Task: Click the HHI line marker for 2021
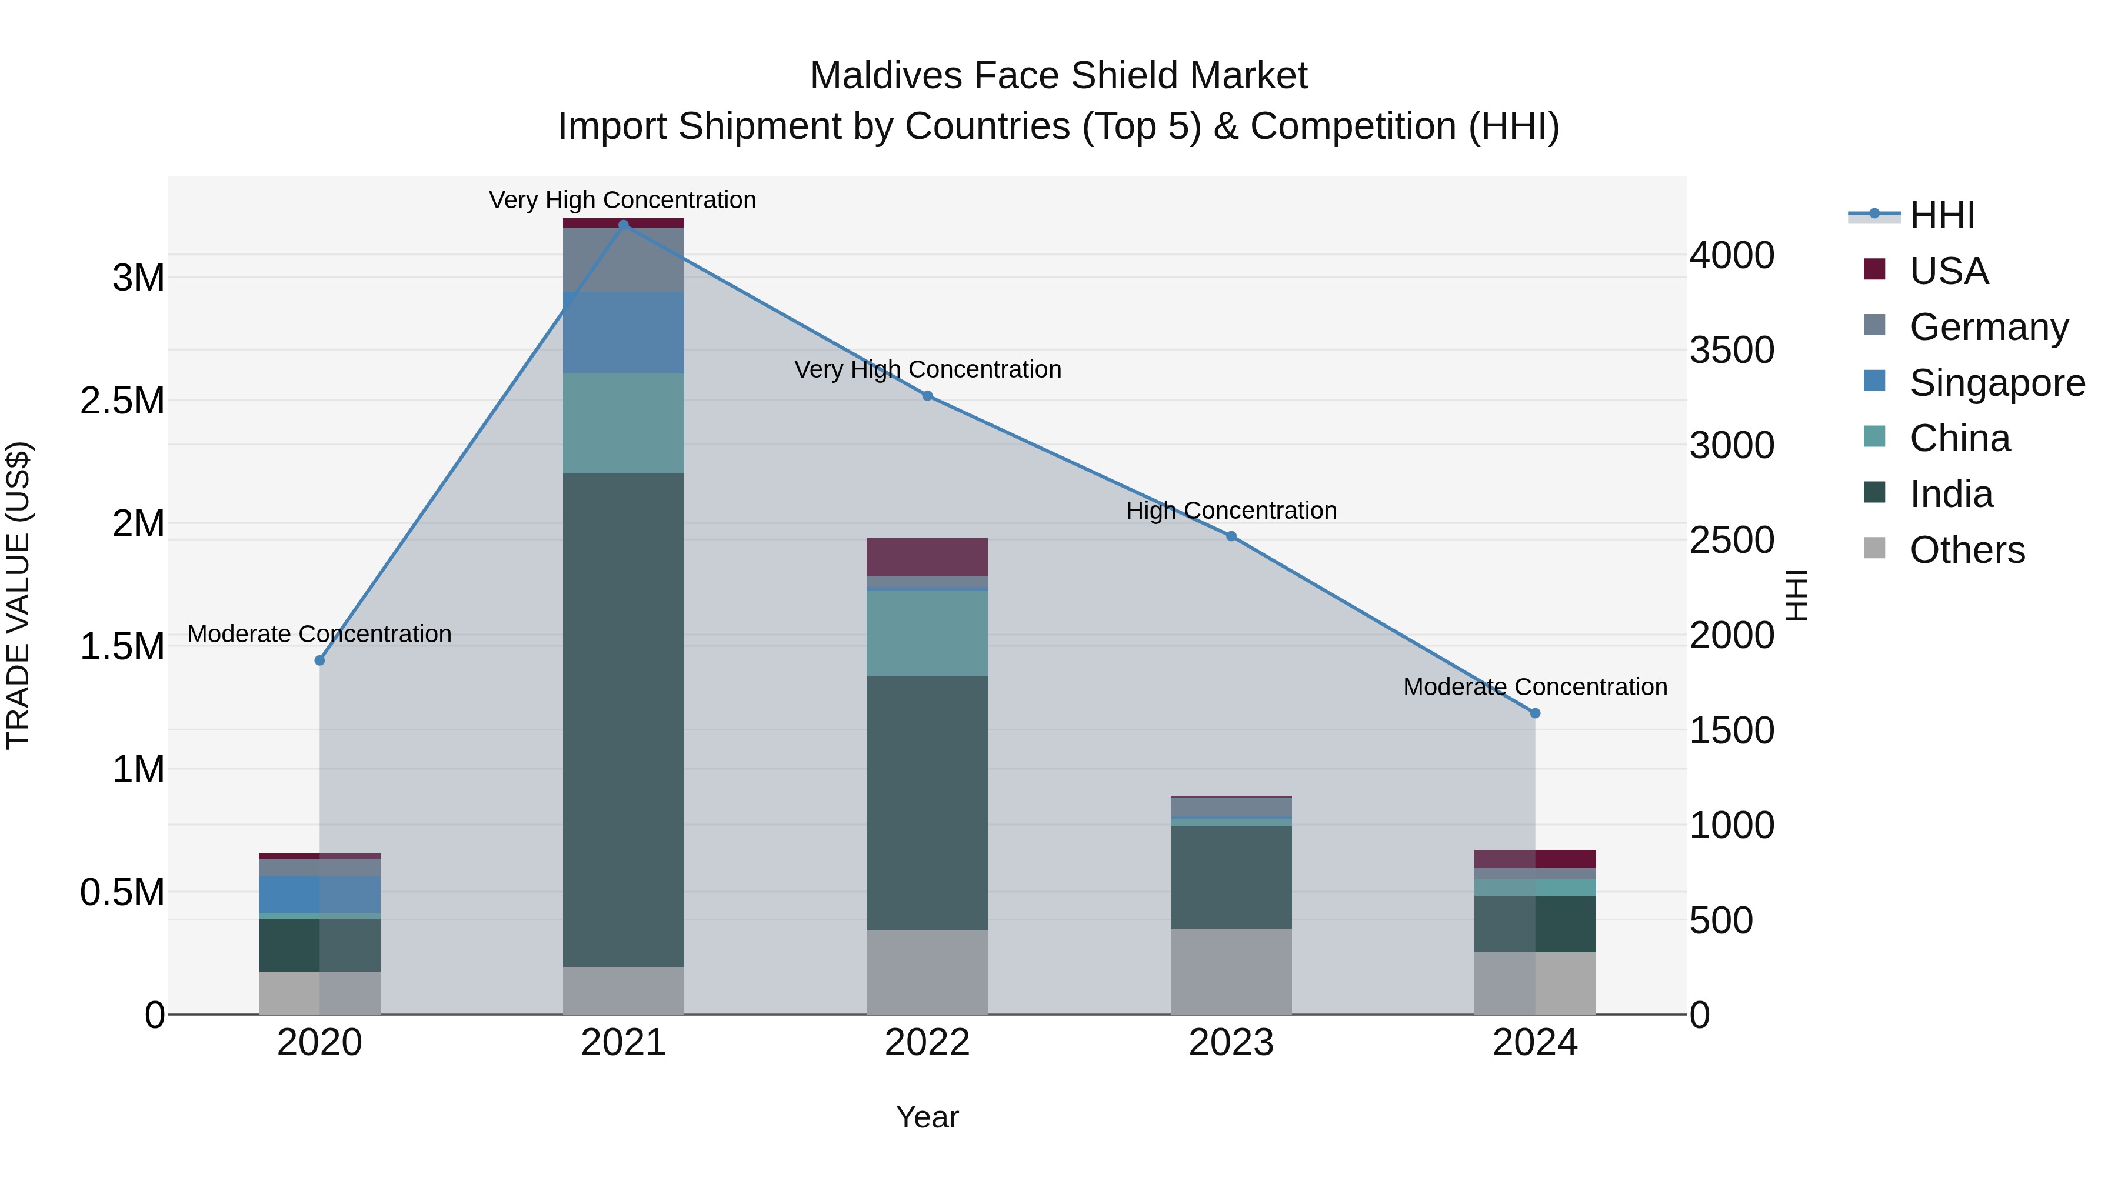click(623, 225)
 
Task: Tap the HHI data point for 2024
click(1534, 713)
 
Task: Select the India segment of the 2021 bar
click(623, 719)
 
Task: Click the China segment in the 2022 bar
click(927, 633)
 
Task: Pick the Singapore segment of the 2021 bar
click(623, 332)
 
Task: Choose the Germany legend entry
click(1988, 327)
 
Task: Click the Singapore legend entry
click(1996, 383)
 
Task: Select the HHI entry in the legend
click(1942, 215)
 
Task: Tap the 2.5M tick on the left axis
click(122, 401)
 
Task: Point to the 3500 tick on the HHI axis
click(1731, 350)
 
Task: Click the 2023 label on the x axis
click(1231, 1043)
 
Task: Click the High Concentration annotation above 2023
click(1231, 511)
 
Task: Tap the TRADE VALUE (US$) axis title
click(18, 595)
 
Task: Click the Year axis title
click(927, 1117)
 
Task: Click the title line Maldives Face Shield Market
click(1058, 76)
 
